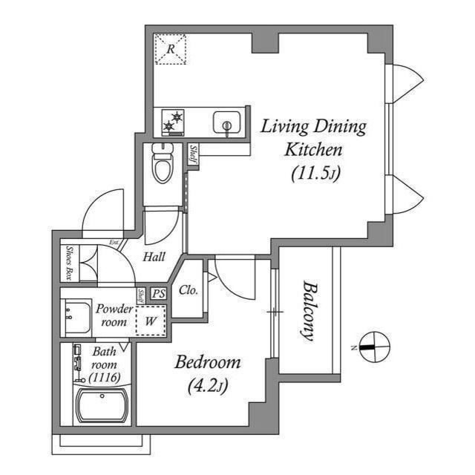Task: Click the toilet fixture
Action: coord(163,163)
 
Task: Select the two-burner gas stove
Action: coord(173,122)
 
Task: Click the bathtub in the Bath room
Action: coord(102,406)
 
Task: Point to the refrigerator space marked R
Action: coord(170,49)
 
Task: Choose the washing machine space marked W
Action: coord(151,321)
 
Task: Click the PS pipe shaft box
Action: coord(159,293)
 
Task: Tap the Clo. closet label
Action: coord(189,290)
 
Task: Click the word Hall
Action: coord(154,257)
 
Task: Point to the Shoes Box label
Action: coord(71,263)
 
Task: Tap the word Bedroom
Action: coord(208,362)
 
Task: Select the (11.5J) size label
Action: coord(316,174)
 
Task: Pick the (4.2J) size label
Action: coord(208,386)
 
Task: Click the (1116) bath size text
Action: coord(105,378)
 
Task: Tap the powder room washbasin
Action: coord(76,317)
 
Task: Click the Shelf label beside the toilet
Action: coord(193,154)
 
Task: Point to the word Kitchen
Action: coord(313,149)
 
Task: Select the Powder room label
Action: coord(114,315)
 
